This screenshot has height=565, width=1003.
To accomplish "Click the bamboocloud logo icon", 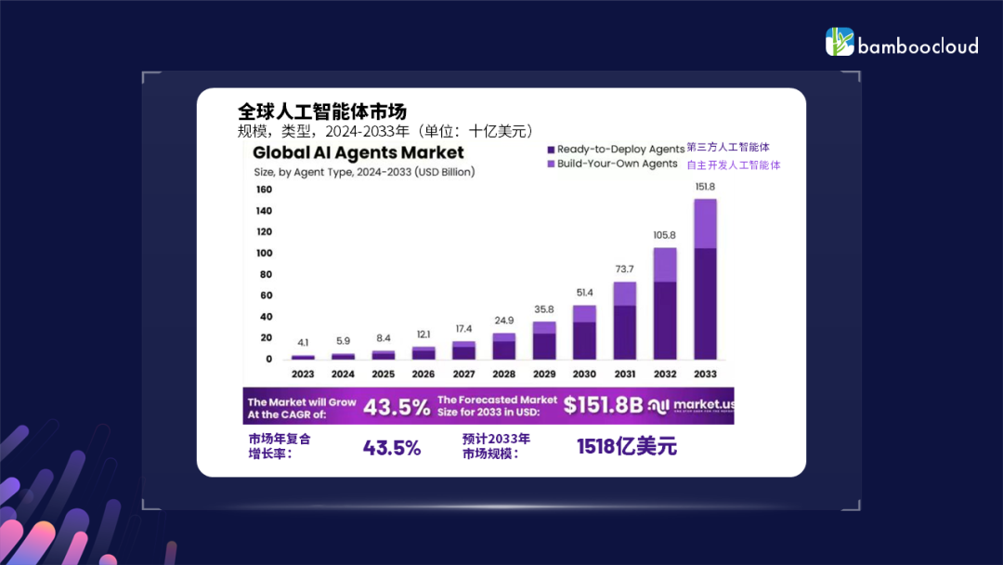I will (840, 42).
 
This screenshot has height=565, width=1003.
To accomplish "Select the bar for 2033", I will (706, 279).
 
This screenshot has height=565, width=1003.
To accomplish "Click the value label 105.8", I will (665, 235).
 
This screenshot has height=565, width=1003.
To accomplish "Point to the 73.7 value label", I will (624, 269).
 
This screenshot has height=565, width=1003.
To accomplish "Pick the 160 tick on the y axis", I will (264, 190).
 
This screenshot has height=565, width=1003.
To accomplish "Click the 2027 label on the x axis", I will (463, 374).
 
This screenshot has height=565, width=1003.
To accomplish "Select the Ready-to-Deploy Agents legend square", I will (551, 150).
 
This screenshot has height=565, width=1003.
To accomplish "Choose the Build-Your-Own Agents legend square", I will (551, 164).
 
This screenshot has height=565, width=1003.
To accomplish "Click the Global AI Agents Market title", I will (358, 153).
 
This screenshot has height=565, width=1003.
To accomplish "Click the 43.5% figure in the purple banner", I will (397, 406).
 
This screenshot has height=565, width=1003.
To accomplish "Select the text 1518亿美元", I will (627, 447).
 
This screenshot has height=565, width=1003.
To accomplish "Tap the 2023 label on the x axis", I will (303, 374).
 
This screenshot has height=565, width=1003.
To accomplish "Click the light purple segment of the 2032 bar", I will (665, 265).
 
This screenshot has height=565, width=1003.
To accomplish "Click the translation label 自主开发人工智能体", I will (734, 165).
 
